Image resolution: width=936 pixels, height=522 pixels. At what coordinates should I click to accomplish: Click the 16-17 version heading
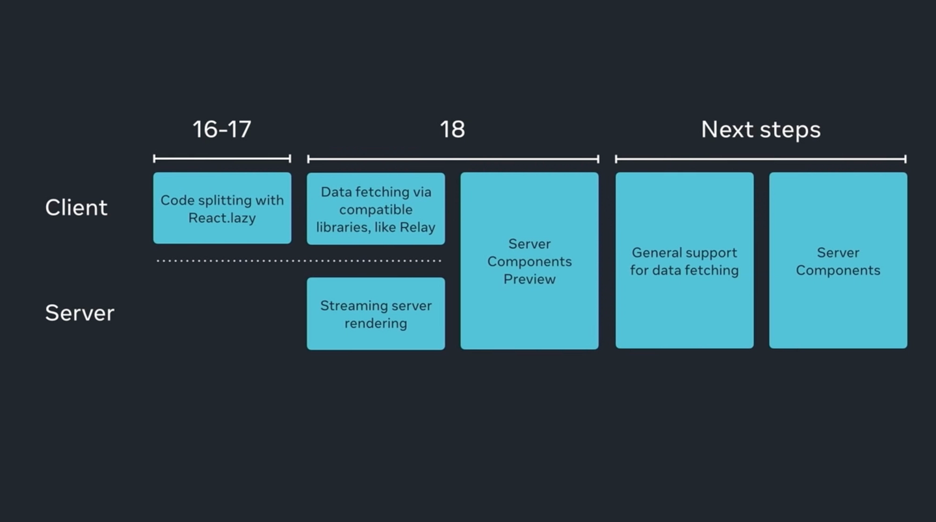point(222,129)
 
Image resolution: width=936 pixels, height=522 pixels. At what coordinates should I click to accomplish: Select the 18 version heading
point(452,129)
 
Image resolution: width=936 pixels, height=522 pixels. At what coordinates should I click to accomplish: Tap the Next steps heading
point(760,129)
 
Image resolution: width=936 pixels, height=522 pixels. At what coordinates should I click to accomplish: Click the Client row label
point(76,207)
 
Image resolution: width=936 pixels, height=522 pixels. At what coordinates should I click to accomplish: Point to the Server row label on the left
point(79,313)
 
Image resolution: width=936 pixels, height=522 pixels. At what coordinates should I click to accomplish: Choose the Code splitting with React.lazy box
point(222,208)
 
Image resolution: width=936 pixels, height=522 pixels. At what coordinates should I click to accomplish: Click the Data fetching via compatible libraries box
point(376,209)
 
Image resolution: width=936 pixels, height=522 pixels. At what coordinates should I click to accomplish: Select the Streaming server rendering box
point(376,314)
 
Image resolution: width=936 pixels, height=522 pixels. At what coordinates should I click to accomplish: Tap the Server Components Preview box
point(529,261)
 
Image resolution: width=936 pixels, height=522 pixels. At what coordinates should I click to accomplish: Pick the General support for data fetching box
point(684,261)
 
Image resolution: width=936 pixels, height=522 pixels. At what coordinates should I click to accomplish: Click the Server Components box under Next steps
point(838,261)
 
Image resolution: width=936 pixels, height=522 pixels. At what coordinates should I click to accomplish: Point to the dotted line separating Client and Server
point(299,261)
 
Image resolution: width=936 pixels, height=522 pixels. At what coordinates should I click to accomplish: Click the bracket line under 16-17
point(222,159)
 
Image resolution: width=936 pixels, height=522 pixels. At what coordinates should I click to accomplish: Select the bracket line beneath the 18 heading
point(452,159)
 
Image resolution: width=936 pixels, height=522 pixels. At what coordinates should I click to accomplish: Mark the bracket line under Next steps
point(760,159)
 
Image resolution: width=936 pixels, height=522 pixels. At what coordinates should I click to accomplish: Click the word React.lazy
point(222,218)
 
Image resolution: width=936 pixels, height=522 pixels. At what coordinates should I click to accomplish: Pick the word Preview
point(529,279)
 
